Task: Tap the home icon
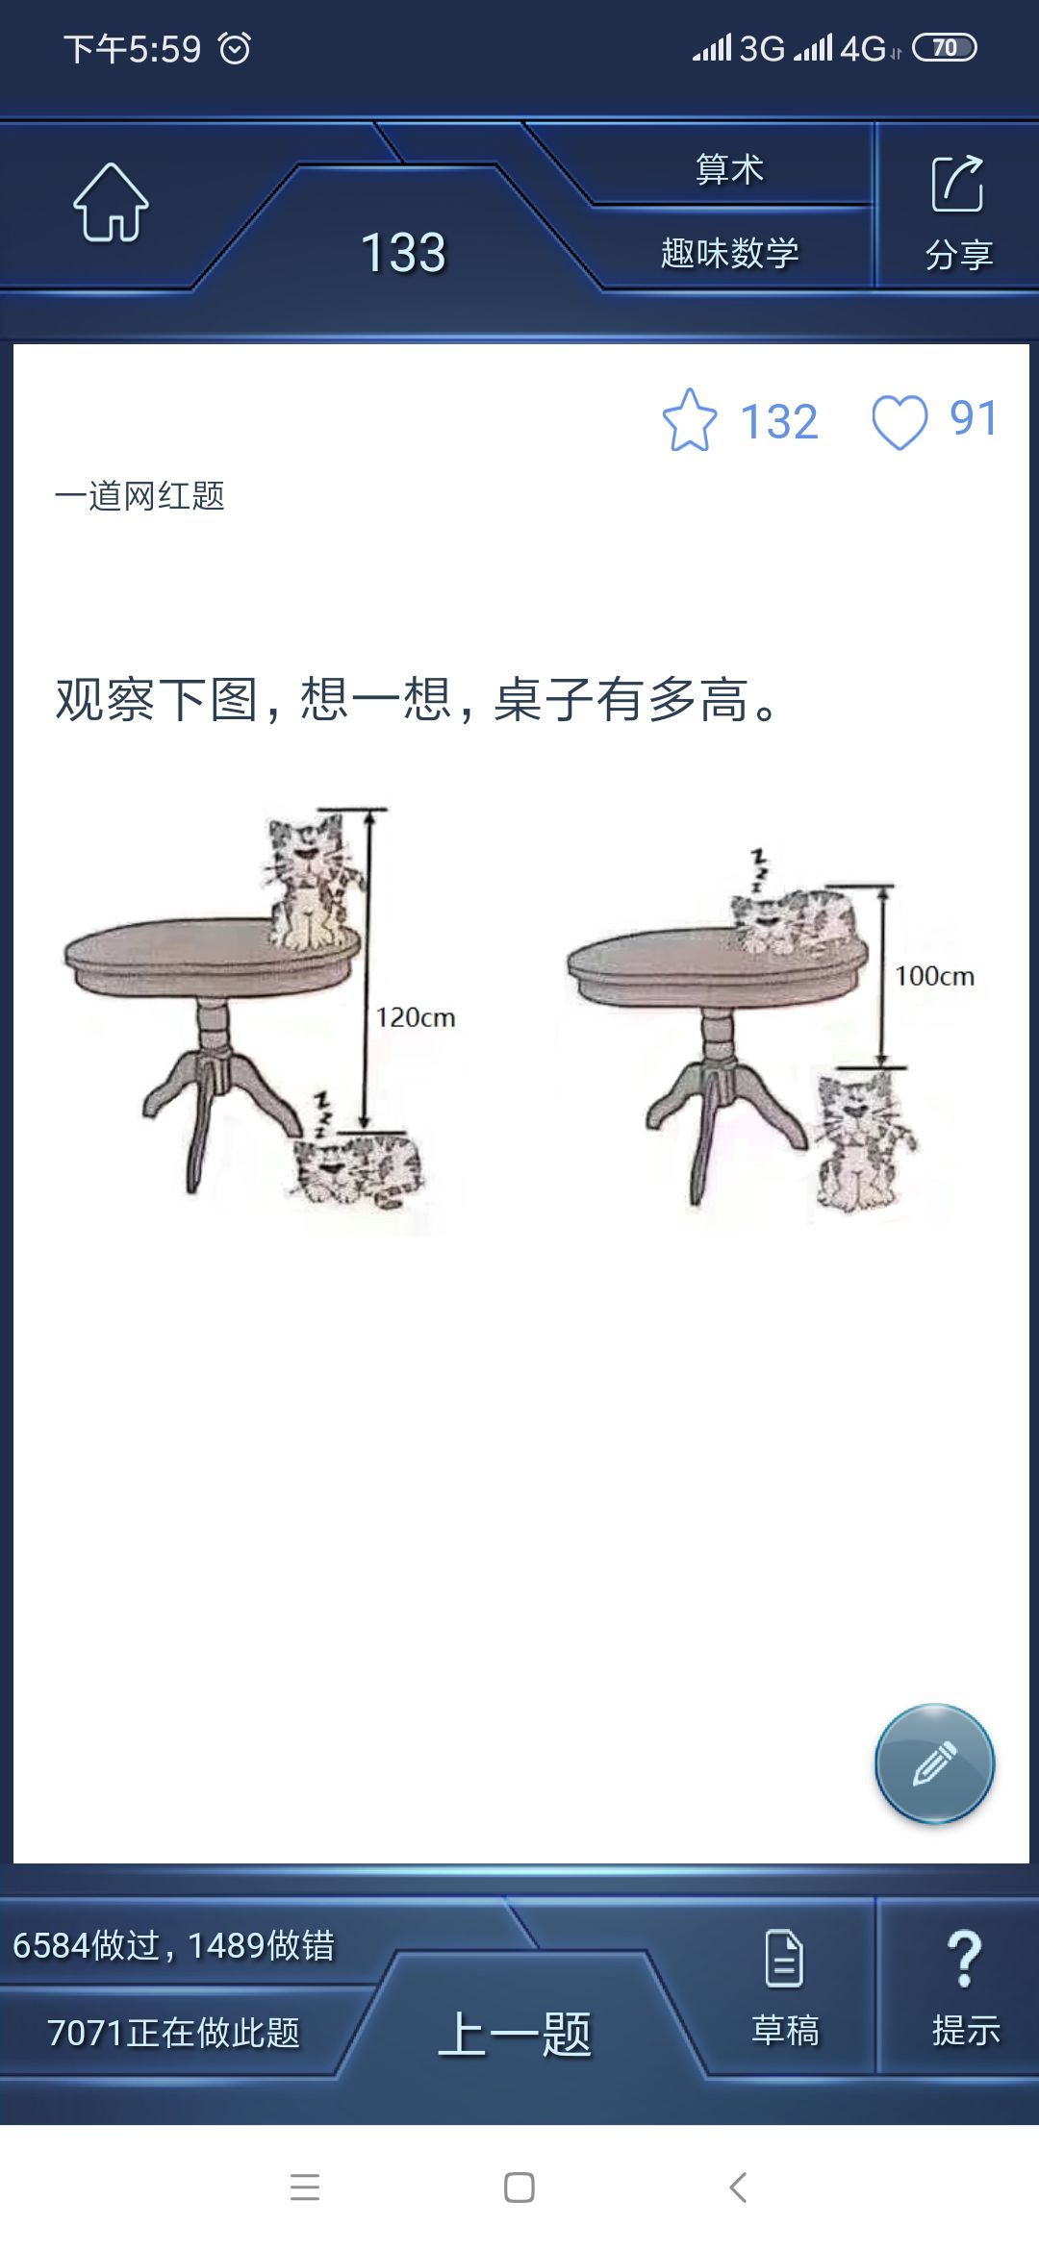pyautogui.click(x=111, y=202)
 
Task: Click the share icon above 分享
pyautogui.click(x=957, y=183)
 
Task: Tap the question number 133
pyautogui.click(x=403, y=253)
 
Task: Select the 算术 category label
pyautogui.click(x=729, y=169)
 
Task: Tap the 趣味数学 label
pyautogui.click(x=730, y=253)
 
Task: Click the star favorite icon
pyautogui.click(x=690, y=420)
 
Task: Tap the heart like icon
pyautogui.click(x=900, y=422)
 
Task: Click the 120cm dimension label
pyautogui.click(x=416, y=1017)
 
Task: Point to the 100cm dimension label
pyautogui.click(x=935, y=976)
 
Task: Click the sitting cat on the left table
pyautogui.click(x=310, y=882)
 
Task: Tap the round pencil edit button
pyautogui.click(x=934, y=1763)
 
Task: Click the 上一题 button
pyautogui.click(x=515, y=2034)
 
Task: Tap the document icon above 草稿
pyautogui.click(x=784, y=1958)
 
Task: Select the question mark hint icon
pyautogui.click(x=965, y=1959)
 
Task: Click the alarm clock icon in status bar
pyautogui.click(x=235, y=47)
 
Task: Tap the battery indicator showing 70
pyautogui.click(x=945, y=47)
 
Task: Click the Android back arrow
pyautogui.click(x=738, y=2187)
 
